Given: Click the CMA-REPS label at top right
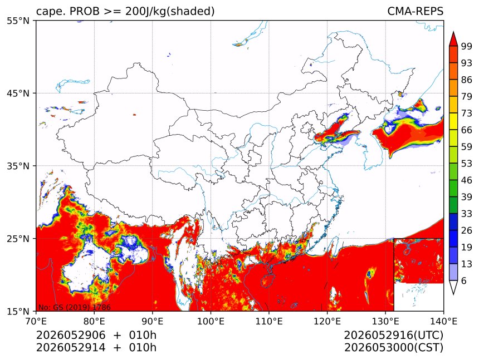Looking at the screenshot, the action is (415, 11).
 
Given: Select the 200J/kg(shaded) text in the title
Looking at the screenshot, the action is (170, 12).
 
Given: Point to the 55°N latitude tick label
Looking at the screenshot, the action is (18, 21).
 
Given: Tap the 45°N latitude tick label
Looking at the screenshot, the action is (18, 93).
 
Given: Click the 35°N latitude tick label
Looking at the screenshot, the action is (18, 166).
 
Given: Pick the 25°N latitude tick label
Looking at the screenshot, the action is (18, 239).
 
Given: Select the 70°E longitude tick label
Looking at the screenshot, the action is (36, 321).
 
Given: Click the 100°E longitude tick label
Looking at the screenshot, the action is (211, 321).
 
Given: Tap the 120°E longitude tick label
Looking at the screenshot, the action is (327, 321).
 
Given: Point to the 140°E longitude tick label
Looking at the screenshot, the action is (443, 321).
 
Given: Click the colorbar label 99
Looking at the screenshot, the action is (467, 46).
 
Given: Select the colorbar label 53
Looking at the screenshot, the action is (467, 164).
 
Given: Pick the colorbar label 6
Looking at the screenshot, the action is (464, 280).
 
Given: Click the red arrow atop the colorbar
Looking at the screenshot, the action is (453, 39).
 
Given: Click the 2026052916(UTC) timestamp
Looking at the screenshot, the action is (393, 335).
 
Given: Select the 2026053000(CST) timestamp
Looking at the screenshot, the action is (393, 348).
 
